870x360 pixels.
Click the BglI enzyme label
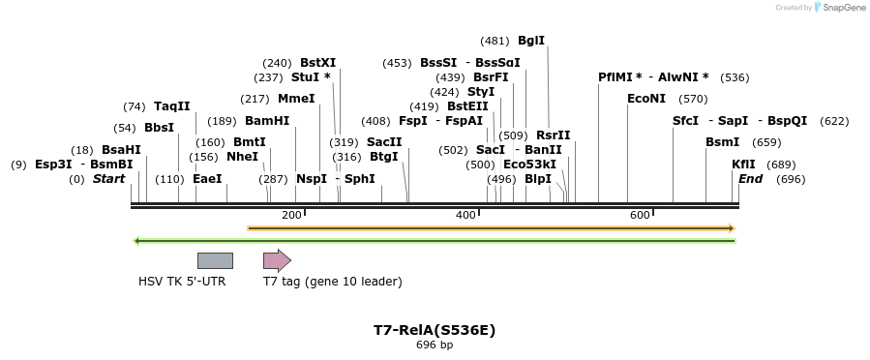tap(531, 41)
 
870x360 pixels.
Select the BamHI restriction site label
tap(267, 121)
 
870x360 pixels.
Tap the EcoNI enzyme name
tap(646, 99)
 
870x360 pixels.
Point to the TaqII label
tap(172, 106)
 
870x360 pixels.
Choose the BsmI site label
tap(722, 141)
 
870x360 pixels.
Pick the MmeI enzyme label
tap(296, 99)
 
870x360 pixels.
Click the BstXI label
tap(317, 63)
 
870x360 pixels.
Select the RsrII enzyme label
tap(553, 135)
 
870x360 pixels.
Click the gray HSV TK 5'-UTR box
tap(215, 260)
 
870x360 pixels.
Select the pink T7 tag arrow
tap(277, 260)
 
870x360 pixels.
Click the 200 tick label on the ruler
tap(291, 215)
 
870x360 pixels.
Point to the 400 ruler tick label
tap(465, 215)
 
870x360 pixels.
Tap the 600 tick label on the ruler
tap(640, 215)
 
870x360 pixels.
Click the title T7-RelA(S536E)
tap(435, 329)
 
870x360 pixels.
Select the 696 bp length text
tap(435, 345)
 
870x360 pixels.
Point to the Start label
tap(108, 179)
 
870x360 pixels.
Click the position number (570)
tap(693, 99)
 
